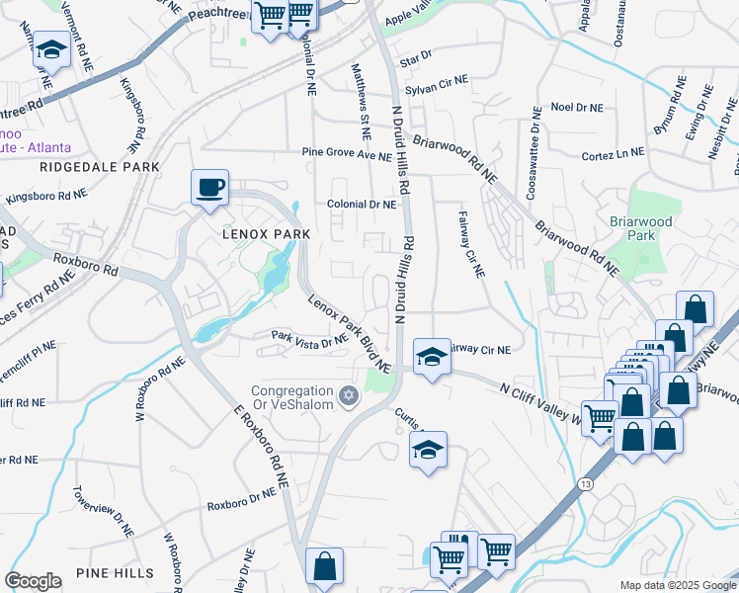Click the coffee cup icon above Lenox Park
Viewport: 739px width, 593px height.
[x=209, y=187]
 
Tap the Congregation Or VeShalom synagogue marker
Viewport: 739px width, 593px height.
[x=347, y=396]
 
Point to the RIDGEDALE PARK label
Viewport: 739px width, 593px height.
[x=100, y=168]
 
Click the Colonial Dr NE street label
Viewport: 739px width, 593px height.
[x=362, y=205]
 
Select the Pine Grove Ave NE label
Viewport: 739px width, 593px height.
[x=347, y=155]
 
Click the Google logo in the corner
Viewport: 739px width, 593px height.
[x=33, y=581]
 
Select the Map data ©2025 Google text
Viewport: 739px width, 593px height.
[x=677, y=585]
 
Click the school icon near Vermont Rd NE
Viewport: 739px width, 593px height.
[x=51, y=50]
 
